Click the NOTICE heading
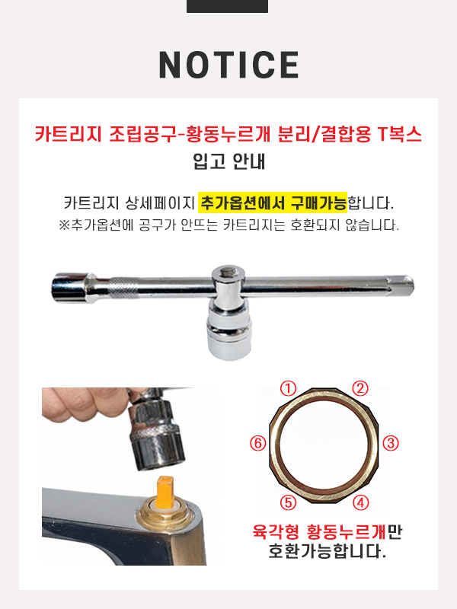click(229, 65)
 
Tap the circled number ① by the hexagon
click(289, 388)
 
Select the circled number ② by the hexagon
click(360, 388)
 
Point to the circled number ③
click(391, 443)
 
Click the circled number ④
click(360, 503)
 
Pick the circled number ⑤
click(289, 503)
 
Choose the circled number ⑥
click(258, 443)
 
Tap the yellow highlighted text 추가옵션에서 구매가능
click(273, 202)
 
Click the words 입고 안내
click(229, 161)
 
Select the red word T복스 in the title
click(399, 135)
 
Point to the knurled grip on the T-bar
click(123, 288)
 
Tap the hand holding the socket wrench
click(88, 405)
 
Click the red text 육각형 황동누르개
click(319, 532)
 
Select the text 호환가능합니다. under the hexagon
click(328, 550)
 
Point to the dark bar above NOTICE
click(227, 6)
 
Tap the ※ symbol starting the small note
click(64, 225)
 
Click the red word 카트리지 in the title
click(68, 135)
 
